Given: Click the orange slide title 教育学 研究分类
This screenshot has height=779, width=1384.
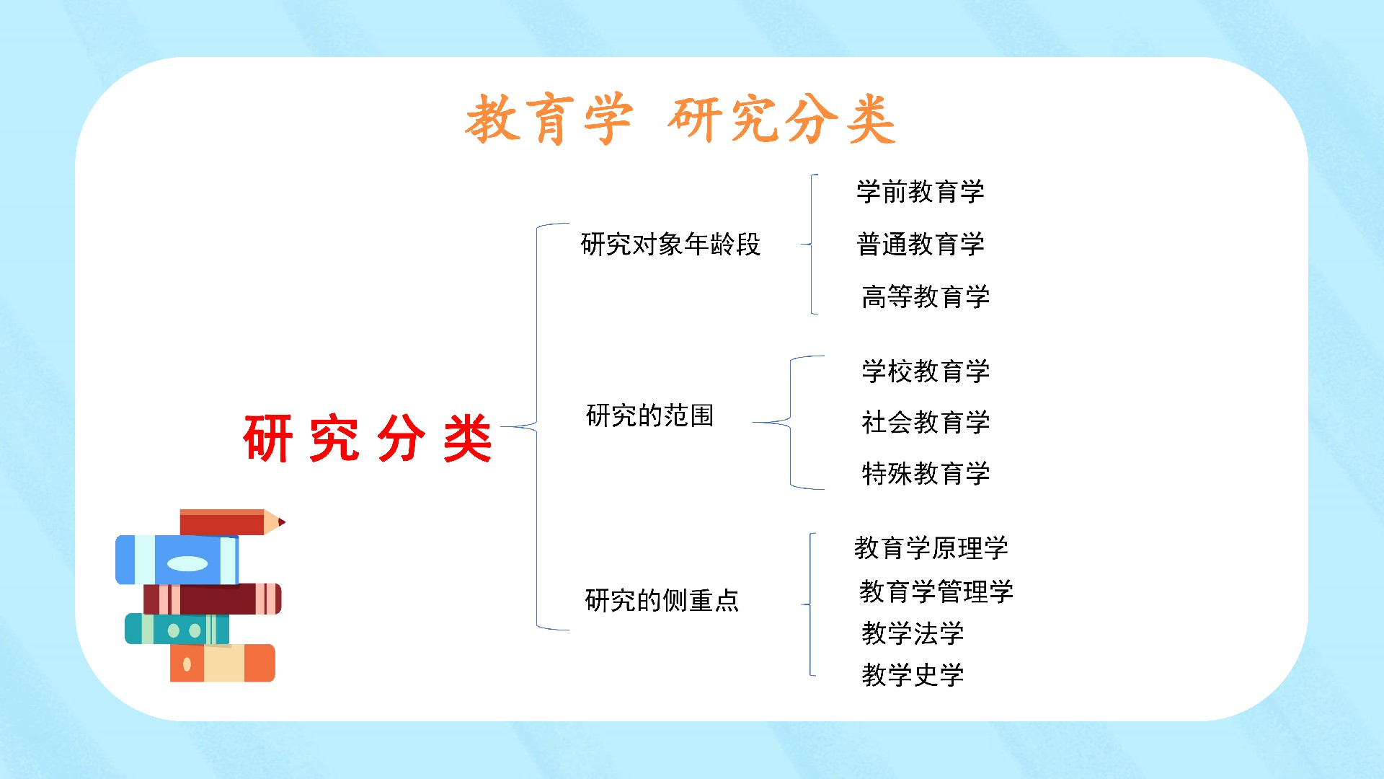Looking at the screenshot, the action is tap(680, 119).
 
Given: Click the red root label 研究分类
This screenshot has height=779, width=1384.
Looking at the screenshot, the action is tap(368, 438).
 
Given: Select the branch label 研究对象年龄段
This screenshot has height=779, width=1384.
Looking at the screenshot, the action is tap(670, 245).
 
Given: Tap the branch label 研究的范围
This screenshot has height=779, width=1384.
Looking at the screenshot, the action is tap(649, 415).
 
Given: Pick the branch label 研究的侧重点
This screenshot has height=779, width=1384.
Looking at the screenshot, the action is tap(662, 600).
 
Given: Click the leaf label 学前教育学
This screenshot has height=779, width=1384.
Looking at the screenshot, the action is tap(921, 192).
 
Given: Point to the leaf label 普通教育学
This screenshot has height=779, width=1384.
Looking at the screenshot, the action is tap(921, 245).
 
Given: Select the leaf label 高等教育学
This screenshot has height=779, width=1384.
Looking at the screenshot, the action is tap(926, 296).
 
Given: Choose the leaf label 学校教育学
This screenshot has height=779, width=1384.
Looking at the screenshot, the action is tap(926, 371).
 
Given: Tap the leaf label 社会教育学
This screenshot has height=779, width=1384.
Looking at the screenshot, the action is tap(926, 422).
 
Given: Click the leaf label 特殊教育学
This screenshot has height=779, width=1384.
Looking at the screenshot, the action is tap(926, 474).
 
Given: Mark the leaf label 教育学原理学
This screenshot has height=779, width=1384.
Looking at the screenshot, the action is tap(931, 548).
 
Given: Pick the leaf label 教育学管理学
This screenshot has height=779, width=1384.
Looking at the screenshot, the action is tap(936, 591).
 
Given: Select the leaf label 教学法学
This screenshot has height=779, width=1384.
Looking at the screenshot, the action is tap(913, 633).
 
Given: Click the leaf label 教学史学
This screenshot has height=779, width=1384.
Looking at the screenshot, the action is tap(913, 675).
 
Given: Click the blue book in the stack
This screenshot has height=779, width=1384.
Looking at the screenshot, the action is tap(177, 560).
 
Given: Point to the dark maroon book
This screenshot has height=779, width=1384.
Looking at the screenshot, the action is tap(212, 599).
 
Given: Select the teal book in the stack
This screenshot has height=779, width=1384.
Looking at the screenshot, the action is tap(177, 629).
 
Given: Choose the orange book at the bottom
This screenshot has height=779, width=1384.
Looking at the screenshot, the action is tap(223, 663).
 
